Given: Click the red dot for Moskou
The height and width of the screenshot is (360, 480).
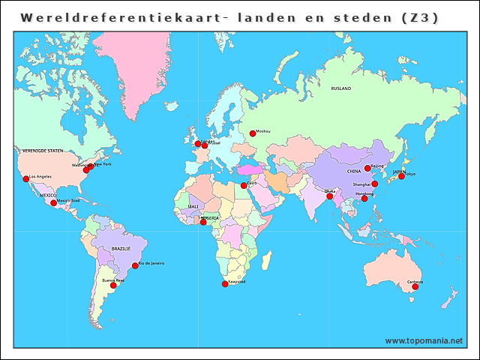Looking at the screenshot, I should pos(253,133).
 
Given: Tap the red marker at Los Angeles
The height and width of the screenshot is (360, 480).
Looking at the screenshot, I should pos(25,179).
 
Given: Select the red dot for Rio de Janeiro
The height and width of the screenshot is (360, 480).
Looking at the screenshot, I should pos(135,265).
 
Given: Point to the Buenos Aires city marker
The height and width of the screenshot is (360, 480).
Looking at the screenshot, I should pos(113,285).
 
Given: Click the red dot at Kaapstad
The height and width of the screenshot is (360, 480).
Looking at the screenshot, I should pos(225,284).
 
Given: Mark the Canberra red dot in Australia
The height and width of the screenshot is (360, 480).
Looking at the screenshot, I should pos(415,286).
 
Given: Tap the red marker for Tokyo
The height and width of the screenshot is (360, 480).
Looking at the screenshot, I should pos(401,176).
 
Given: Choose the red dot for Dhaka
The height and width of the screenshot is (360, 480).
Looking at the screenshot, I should pos(329,196).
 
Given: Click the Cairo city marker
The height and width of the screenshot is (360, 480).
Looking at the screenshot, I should pos(244,185).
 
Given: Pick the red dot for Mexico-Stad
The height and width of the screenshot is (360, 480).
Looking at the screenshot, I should pos(53,203).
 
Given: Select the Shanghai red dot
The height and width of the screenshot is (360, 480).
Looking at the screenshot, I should pos(374,184).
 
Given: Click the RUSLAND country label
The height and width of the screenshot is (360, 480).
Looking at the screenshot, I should pos(341,88).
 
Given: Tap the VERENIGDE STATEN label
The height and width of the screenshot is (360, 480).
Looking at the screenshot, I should pos(43,151).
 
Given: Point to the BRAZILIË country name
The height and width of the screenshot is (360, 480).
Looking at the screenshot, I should pos(121,248).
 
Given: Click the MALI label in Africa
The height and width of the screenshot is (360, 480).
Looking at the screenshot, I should pos(193,206).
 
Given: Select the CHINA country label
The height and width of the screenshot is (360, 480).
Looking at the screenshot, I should pos(354,171).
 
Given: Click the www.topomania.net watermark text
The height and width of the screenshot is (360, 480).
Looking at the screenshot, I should pos(424,340).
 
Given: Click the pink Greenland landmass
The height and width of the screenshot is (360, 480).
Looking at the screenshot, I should pos(135,71).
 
